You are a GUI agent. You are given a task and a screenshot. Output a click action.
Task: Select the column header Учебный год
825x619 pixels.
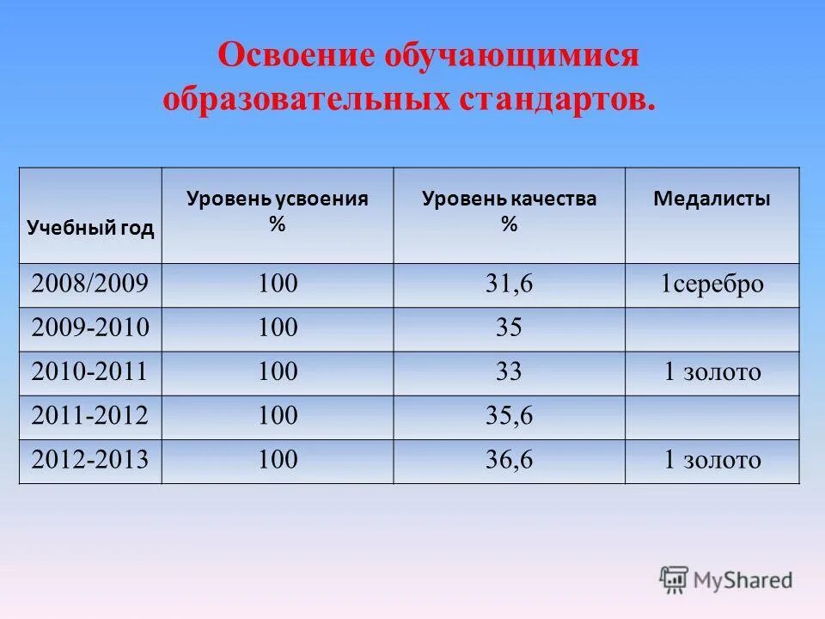coord(90,228)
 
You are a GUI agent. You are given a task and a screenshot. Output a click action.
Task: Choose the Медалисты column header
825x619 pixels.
coord(712,199)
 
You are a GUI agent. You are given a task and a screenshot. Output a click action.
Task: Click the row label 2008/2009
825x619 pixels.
coord(90,285)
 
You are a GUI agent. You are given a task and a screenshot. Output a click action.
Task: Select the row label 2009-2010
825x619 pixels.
coord(90,328)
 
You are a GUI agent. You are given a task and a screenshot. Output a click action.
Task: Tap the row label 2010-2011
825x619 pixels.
coord(90,372)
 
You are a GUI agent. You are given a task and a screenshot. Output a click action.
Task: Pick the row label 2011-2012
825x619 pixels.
coord(90,416)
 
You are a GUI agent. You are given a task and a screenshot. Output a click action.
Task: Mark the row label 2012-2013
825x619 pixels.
coord(90,460)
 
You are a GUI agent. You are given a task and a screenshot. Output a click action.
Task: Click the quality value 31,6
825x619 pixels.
coord(509,285)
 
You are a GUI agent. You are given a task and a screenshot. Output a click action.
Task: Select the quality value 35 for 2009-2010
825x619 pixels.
coord(509,328)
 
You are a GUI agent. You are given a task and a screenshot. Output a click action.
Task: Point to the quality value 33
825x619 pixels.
coord(509,372)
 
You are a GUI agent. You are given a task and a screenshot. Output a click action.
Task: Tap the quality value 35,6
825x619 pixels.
coord(509,416)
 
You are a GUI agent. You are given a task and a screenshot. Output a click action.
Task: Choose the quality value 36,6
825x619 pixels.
coord(509,460)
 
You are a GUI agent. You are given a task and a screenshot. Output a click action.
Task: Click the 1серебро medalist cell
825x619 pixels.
coord(712,285)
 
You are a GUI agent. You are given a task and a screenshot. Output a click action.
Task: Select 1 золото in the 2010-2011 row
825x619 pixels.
coord(712,372)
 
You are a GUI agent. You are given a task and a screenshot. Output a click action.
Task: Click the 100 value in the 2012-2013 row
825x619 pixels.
coord(278,460)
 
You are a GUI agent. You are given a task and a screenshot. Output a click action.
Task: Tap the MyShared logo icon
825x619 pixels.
coord(675,579)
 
